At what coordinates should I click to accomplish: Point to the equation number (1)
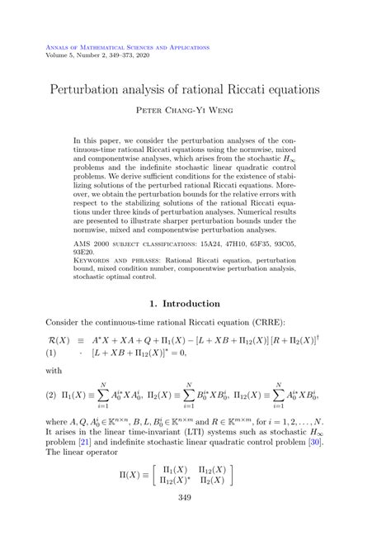(x=53, y=353)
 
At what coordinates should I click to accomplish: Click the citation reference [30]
(x=314, y=443)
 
